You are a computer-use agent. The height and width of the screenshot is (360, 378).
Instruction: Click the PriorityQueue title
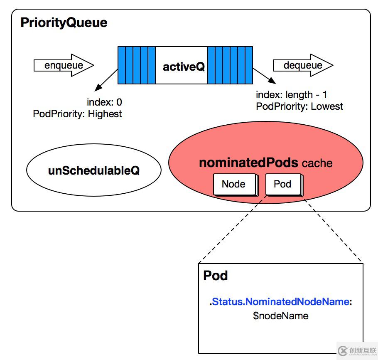tap(64, 22)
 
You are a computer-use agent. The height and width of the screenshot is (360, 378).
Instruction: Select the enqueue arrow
tap(64, 65)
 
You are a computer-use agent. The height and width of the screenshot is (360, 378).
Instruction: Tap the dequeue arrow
tap(303, 65)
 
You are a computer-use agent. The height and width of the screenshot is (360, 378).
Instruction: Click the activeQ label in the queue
tap(184, 67)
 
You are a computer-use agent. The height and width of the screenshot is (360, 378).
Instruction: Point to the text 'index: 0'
tap(104, 102)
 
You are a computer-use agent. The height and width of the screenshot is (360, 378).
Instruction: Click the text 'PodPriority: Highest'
tap(77, 114)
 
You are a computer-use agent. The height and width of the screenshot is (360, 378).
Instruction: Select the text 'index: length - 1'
tap(291, 95)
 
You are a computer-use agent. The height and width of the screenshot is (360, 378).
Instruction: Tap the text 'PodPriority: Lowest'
tap(299, 106)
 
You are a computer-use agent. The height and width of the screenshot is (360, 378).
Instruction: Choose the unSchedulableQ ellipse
tap(93, 171)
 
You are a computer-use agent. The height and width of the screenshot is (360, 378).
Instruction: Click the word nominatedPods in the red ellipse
tap(248, 163)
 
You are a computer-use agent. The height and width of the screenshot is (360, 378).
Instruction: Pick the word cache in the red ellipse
tap(317, 163)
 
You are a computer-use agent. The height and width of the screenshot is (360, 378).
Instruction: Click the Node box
tap(233, 184)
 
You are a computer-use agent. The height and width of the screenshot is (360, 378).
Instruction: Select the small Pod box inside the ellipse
tap(282, 184)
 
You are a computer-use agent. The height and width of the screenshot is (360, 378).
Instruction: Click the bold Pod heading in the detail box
tap(215, 276)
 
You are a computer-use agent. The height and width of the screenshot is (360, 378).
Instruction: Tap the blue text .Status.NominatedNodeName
tap(280, 302)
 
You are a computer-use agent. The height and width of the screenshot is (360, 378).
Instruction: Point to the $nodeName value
tap(281, 316)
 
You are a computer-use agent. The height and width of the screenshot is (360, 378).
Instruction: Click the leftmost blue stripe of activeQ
tap(121, 65)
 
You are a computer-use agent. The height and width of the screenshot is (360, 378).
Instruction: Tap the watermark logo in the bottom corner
tap(356, 349)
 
